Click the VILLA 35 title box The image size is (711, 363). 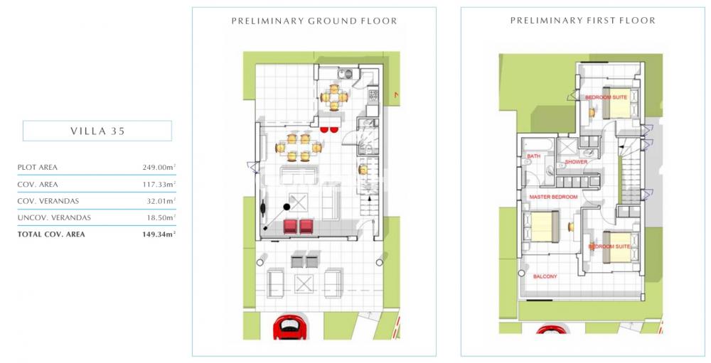tap(97, 131)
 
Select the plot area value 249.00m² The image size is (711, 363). tap(159, 167)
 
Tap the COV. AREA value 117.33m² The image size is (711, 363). tap(159, 185)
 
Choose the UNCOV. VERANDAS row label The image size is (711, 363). tap(54, 218)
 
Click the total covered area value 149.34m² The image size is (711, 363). tap(159, 234)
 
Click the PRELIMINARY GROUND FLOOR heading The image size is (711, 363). tap(314, 21)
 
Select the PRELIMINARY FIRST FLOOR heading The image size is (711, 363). tap(583, 21)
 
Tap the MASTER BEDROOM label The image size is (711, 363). tap(553, 197)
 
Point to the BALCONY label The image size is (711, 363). tap(545, 276)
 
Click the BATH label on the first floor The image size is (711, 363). tap(534, 156)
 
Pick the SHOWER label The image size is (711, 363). tap(576, 162)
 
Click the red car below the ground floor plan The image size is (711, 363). tap(290, 328)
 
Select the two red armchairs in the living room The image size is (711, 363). tap(299, 226)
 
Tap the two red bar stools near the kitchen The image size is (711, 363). tap(330, 130)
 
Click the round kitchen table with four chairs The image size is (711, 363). tap(334, 97)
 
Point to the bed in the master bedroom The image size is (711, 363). tap(542, 227)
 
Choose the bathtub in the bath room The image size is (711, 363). tap(538, 146)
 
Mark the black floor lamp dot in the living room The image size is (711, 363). tap(287, 207)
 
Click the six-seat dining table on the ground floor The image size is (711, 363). tap(299, 148)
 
